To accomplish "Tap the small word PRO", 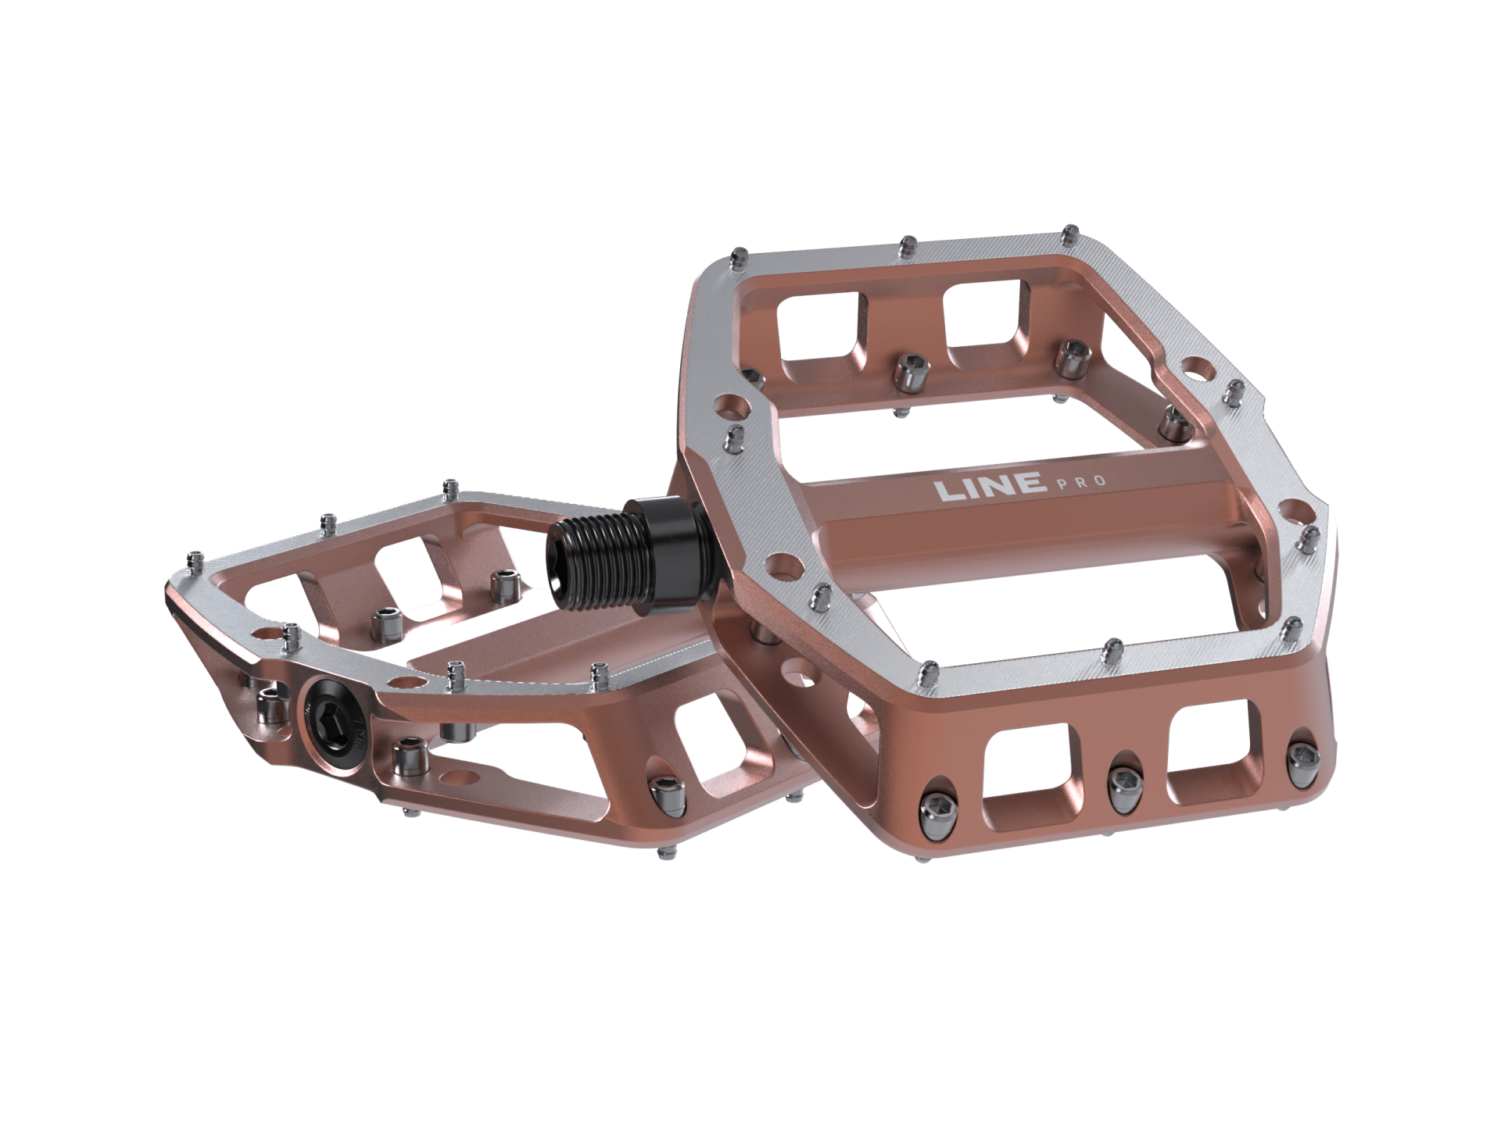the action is coord(1082,481).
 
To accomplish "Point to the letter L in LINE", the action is coord(949,491).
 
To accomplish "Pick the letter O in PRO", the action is coord(1099,480).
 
